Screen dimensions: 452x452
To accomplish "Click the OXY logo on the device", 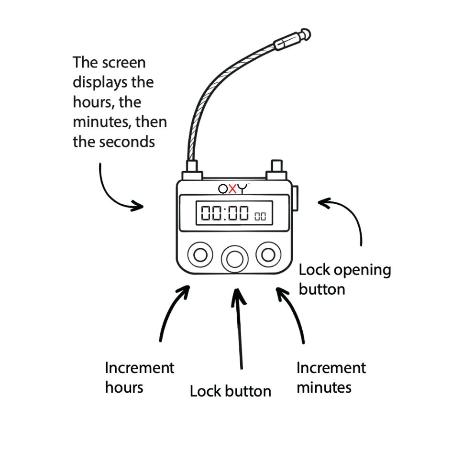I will point(233,188).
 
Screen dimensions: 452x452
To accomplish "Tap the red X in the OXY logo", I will point(233,188).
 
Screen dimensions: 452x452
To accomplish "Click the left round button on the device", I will point(200,254).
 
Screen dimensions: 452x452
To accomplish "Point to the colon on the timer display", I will point(225,213).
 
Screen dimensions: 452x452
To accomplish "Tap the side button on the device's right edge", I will point(296,199).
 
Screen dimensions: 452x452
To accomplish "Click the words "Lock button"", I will point(230,391).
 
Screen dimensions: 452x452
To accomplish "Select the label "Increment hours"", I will point(139,377).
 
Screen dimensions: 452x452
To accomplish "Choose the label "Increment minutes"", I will point(331,377).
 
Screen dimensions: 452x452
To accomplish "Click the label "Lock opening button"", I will point(344,279).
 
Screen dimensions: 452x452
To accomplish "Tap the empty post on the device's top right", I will point(276,168).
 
